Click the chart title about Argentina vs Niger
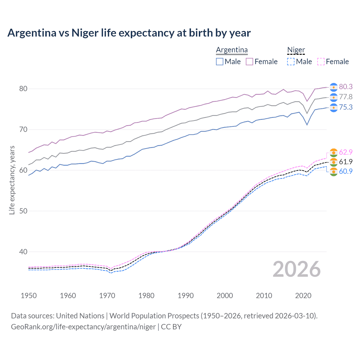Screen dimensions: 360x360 (129, 33)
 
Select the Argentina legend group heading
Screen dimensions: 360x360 (232, 50)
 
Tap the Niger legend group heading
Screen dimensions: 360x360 (296, 50)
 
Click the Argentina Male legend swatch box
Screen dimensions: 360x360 (220, 62)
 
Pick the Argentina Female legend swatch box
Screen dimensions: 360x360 (249, 62)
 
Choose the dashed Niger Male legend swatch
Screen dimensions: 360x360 (291, 62)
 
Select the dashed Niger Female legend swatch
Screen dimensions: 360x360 (321, 62)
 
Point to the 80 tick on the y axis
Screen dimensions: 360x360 (23, 89)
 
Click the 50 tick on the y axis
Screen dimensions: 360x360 (23, 211)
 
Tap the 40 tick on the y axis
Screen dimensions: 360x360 (23, 252)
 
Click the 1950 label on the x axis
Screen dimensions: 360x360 (29, 296)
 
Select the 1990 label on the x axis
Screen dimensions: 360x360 (186, 296)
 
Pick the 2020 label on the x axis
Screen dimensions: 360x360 (303, 296)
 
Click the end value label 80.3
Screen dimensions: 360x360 (346, 87)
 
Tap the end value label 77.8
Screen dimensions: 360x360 (346, 97)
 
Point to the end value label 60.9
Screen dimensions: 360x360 (346, 171)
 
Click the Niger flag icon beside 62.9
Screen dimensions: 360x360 (334, 152)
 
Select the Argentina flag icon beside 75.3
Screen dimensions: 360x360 (334, 107)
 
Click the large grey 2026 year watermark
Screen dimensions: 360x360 (296, 269)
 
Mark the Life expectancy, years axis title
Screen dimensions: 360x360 (12, 180)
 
